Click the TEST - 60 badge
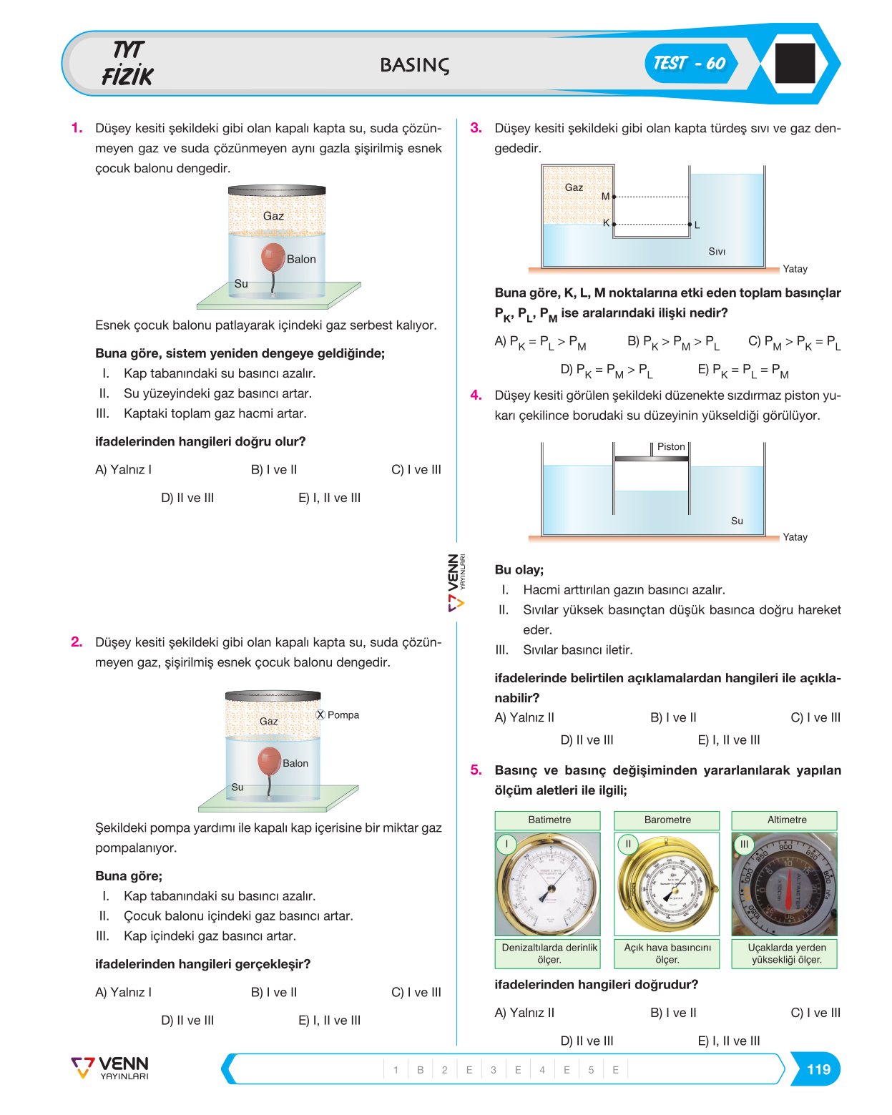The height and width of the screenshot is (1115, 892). [x=690, y=64]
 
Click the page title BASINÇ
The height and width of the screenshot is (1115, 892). [x=415, y=65]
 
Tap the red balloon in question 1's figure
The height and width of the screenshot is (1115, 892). [x=273, y=257]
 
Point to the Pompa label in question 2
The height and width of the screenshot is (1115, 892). [x=343, y=715]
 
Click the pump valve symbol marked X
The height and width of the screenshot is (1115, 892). [x=321, y=715]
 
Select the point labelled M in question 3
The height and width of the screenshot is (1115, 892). [x=614, y=197]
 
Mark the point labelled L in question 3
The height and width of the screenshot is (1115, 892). [x=690, y=225]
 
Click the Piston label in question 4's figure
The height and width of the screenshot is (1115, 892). [x=671, y=446]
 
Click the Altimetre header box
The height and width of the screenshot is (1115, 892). [x=784, y=820]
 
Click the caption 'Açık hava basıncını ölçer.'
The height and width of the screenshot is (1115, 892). [x=667, y=953]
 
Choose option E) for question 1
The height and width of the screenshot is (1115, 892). [x=329, y=498]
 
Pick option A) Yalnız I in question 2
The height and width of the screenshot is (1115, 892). [x=123, y=992]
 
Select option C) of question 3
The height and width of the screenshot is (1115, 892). [x=795, y=342]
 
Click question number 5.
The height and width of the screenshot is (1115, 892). [x=476, y=770]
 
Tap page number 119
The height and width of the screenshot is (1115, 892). [x=818, y=1069]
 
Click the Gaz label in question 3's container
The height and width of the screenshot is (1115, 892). [x=574, y=187]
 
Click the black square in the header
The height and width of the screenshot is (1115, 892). [x=795, y=63]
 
